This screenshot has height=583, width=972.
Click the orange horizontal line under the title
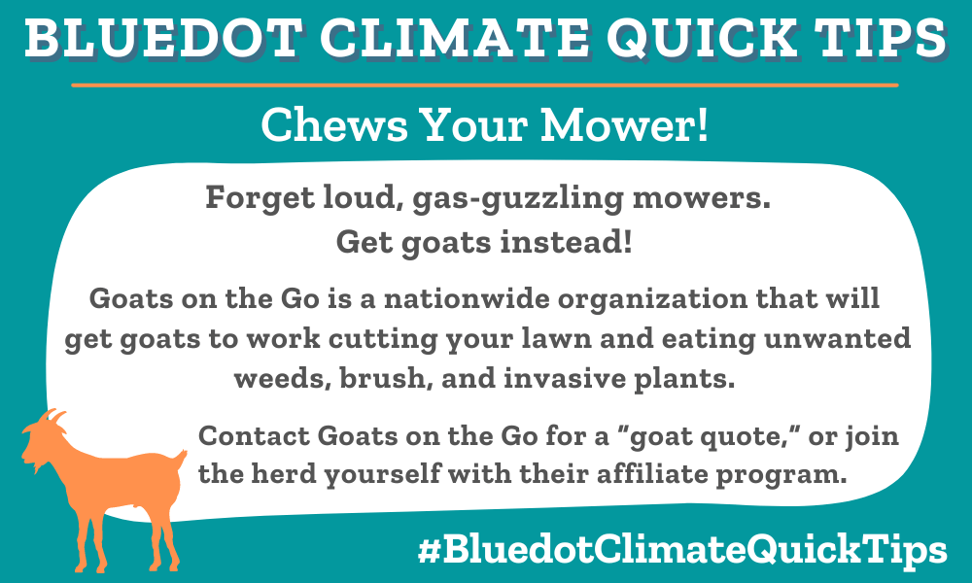click(486, 86)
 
